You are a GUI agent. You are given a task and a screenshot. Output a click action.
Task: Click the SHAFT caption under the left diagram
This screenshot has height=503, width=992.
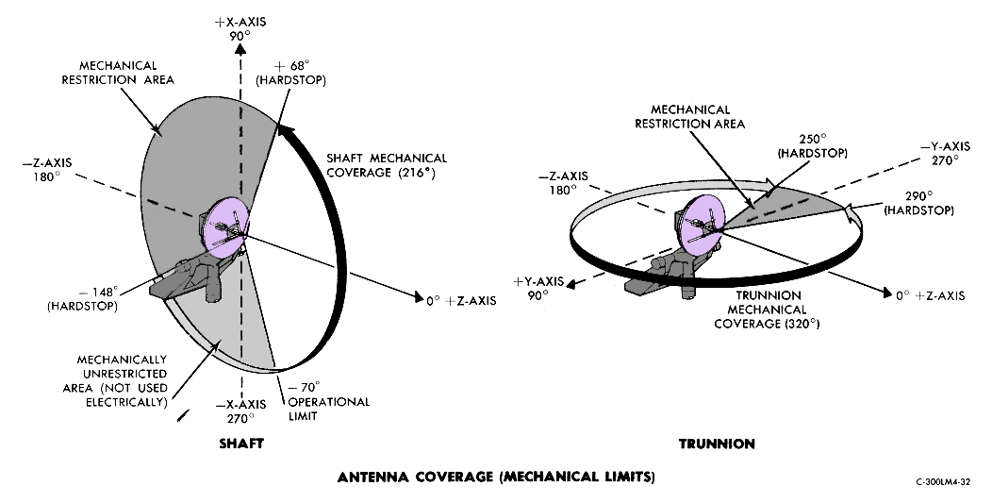(x=240, y=443)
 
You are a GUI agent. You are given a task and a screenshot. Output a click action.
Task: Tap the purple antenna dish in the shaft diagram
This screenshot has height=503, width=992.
(x=227, y=226)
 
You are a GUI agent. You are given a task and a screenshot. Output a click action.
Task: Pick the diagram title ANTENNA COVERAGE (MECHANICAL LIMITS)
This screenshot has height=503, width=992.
(x=495, y=477)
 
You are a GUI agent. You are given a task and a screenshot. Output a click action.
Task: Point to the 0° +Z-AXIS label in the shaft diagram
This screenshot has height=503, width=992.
(x=458, y=301)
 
